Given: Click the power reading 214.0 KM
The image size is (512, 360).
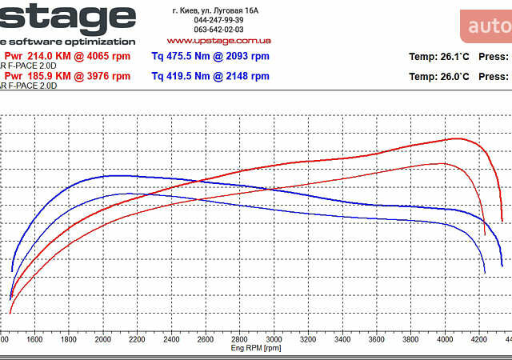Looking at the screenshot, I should pyautogui.click(x=45, y=57).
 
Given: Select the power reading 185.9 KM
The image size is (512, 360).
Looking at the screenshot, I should pyautogui.click(x=45, y=77).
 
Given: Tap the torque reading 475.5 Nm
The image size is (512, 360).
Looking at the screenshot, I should pyautogui.click(x=184, y=57).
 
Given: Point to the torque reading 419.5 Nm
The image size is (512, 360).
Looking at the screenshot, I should pyautogui.click(x=184, y=77).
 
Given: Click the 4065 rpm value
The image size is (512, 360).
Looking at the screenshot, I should pyautogui.click(x=108, y=57).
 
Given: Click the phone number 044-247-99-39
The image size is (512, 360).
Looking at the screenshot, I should pyautogui.click(x=218, y=20).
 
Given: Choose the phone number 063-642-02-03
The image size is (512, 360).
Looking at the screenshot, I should pyautogui.click(x=218, y=30).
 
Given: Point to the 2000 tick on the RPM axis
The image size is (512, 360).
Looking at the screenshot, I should pyautogui.click(x=103, y=340).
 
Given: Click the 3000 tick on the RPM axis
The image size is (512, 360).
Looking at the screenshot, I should pyautogui.click(x=274, y=340).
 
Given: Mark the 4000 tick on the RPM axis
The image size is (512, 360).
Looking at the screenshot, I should pyautogui.click(x=446, y=340).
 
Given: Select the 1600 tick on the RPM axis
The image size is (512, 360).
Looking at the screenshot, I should pyautogui.click(x=34, y=340).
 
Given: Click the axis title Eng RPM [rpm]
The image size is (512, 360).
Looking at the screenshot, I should pyautogui.click(x=256, y=349).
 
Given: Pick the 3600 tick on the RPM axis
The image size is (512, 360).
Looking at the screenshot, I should pyautogui.click(x=377, y=340).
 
